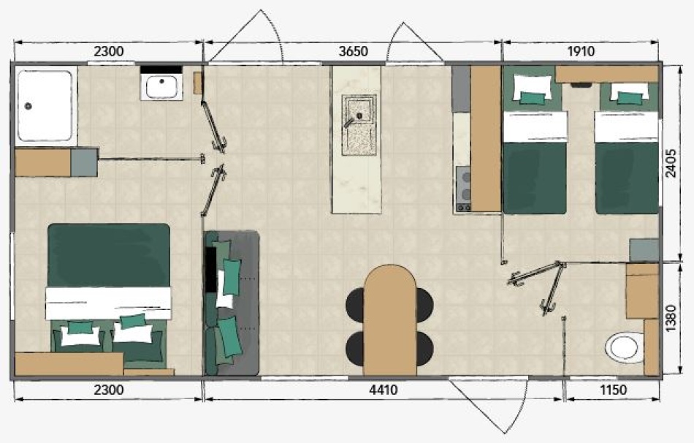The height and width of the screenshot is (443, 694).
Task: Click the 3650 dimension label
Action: (x=353, y=51)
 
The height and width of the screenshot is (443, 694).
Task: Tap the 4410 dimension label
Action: (x=384, y=390)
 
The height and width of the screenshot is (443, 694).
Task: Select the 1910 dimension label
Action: (x=581, y=51)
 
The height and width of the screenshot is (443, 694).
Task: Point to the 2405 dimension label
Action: (x=671, y=164)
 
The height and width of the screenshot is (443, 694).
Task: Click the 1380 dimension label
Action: (x=671, y=318)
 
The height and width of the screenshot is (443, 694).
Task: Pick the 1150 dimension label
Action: (x=613, y=390)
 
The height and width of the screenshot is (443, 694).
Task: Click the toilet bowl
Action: (x=624, y=347)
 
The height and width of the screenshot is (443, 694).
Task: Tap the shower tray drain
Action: (x=28, y=106)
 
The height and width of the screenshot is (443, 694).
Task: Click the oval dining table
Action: (x=389, y=320)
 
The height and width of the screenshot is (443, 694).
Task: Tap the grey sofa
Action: (x=232, y=303)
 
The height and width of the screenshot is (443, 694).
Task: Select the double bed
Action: (x=109, y=296)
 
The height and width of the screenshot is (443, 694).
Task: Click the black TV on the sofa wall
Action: (x=210, y=269)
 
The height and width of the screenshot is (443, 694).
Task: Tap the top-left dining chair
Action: (x=354, y=304)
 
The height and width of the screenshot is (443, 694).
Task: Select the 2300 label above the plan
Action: (x=109, y=51)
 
